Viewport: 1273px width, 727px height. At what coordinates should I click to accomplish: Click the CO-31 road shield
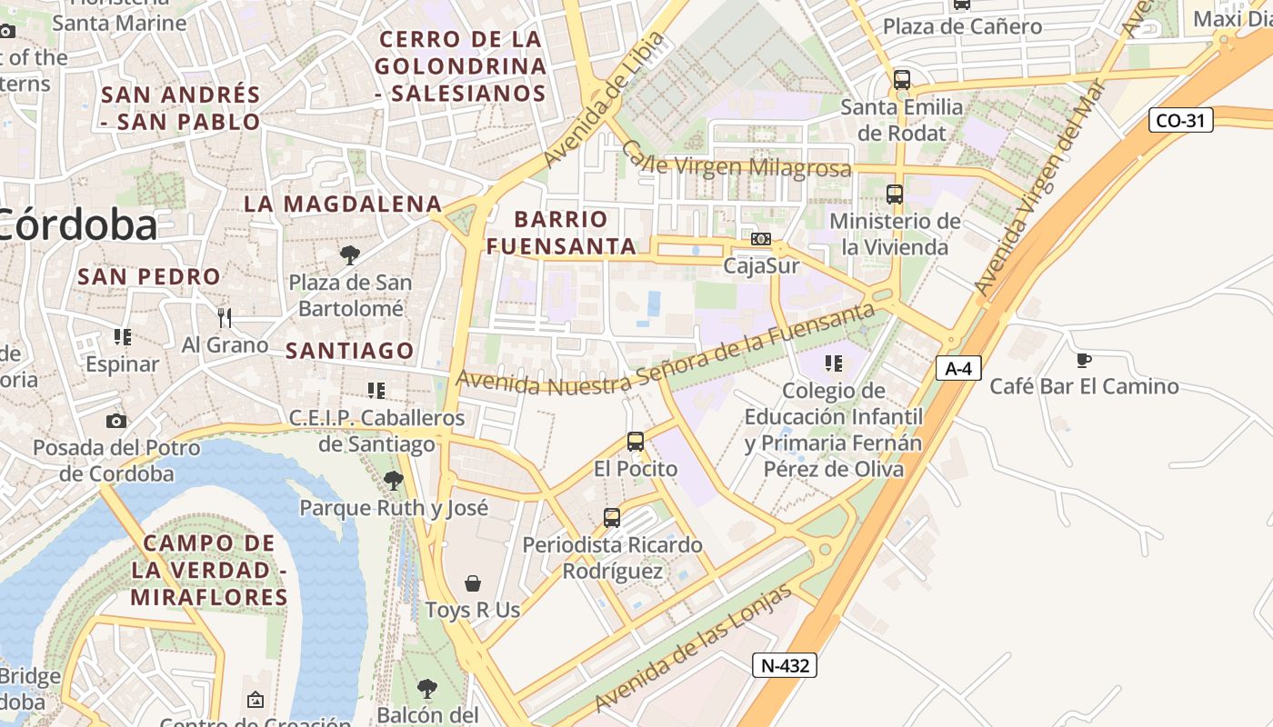tap(1180, 120)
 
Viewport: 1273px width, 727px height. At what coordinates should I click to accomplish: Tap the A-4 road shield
tap(958, 368)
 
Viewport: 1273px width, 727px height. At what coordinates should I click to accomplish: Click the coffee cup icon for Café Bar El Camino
tap(1083, 361)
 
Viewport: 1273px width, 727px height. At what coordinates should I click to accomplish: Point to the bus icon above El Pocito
tap(636, 442)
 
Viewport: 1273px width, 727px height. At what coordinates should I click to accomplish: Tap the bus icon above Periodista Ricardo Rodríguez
tap(612, 518)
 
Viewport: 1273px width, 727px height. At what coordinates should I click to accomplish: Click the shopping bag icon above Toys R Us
tap(473, 583)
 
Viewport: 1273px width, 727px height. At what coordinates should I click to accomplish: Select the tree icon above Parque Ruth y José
tap(393, 481)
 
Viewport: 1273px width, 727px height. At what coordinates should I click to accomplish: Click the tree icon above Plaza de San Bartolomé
tap(349, 255)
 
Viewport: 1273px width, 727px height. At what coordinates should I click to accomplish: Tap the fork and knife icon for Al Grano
tap(225, 317)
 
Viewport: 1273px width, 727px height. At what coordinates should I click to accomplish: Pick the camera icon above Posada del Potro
tap(116, 421)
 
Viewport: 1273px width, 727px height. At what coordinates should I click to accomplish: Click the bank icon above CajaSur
tap(761, 239)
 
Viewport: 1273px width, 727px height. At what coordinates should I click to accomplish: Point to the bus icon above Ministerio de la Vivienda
tap(895, 194)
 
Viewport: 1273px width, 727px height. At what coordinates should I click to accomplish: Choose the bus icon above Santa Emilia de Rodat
tap(901, 80)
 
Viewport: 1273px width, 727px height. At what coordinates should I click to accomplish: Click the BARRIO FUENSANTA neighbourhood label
tap(560, 233)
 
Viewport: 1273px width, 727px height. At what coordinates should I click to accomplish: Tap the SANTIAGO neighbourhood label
tap(349, 350)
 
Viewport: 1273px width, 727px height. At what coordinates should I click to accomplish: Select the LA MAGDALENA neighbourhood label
tap(342, 204)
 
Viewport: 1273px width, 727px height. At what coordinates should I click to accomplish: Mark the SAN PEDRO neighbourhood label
tap(149, 276)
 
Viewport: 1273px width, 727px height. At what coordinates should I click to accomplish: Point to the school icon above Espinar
tap(123, 337)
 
